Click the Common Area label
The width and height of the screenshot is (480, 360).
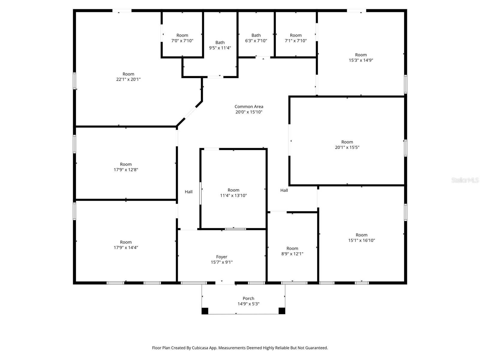pos(249,106)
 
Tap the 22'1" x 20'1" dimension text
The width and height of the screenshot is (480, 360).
pos(128,79)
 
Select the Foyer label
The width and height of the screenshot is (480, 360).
pos(222,257)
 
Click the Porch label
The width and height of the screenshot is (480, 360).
pos(248,298)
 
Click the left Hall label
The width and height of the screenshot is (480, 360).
pos(189,192)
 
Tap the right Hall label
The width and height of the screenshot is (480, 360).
pos(284,190)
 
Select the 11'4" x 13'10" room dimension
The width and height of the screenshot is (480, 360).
pos(233,196)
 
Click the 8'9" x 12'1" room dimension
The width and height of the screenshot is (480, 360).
pos(292,254)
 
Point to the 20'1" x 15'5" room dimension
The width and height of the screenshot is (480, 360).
pos(347,147)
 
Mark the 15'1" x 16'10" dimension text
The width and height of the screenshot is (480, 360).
pos(361,240)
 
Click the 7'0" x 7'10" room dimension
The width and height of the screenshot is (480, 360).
pos(182,41)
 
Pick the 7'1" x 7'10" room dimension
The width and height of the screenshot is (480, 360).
pos(295,41)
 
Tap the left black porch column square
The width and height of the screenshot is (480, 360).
pos(205,311)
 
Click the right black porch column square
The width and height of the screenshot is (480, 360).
pos(282,311)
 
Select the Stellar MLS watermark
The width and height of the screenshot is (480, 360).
pos(465,180)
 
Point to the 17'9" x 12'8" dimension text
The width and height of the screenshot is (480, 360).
pos(126,170)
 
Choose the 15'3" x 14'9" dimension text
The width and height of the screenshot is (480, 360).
pos(361,60)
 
